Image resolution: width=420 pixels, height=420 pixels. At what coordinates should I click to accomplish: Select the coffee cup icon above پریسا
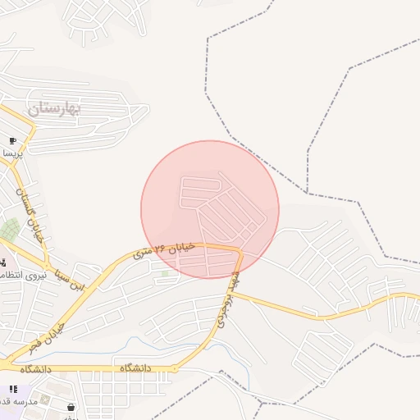pos(13,141)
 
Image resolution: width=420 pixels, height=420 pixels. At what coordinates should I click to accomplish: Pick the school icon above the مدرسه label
pos(13,390)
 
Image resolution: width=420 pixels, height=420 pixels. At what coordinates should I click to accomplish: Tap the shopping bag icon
pos(71,407)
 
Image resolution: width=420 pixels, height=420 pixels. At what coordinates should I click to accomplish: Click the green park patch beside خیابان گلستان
pos(10,231)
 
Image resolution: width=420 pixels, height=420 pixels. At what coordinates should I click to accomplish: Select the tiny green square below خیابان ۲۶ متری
pos(165,273)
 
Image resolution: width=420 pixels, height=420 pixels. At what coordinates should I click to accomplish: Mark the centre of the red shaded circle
pos(210,209)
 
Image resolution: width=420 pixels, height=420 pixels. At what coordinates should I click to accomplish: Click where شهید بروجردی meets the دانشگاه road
pos(176,369)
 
